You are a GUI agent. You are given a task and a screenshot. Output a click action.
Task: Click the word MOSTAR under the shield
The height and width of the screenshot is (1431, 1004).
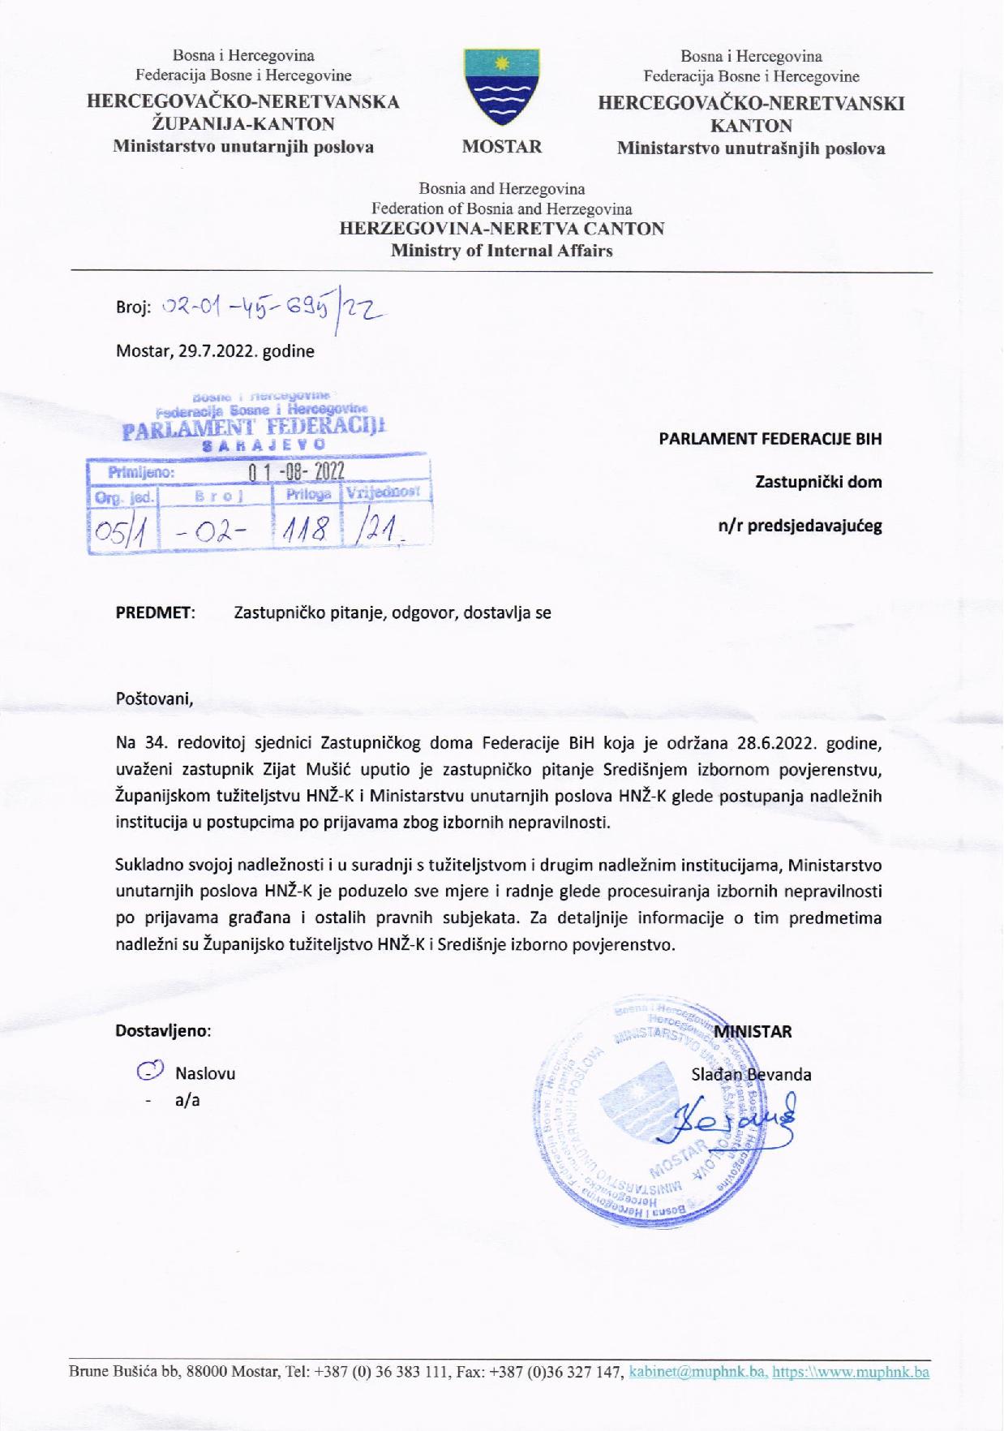(x=502, y=147)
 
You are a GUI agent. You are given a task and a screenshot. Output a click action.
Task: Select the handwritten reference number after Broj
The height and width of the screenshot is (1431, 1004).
(x=272, y=307)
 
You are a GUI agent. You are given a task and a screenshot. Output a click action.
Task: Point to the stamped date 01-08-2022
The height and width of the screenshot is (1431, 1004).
(x=296, y=471)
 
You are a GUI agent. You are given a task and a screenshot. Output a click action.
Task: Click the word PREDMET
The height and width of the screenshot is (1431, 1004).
(x=156, y=612)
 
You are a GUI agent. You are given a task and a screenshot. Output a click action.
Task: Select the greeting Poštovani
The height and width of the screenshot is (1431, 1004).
(x=154, y=698)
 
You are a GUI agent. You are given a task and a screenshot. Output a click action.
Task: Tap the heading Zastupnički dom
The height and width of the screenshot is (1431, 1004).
(x=818, y=482)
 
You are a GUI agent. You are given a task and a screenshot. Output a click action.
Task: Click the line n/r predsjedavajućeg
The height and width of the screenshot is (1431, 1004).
(x=800, y=525)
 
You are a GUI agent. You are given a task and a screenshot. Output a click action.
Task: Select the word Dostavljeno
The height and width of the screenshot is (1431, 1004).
(x=163, y=1031)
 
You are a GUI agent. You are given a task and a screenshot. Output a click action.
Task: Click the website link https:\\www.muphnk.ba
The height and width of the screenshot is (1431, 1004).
(x=850, y=1373)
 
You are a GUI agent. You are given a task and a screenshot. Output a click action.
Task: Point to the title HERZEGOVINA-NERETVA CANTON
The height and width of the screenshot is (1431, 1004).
(x=501, y=229)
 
